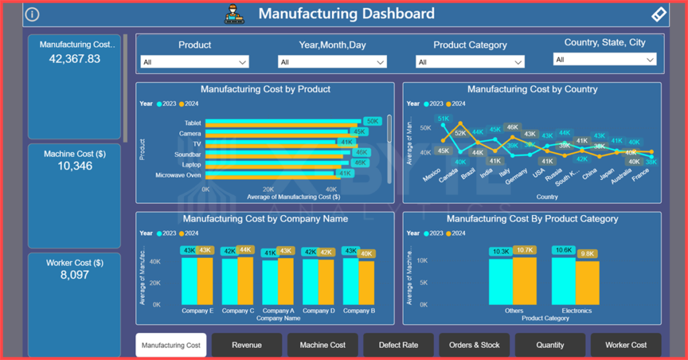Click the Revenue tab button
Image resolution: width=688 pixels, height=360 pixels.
pos(247,345)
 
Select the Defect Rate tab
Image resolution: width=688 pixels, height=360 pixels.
pos(398,345)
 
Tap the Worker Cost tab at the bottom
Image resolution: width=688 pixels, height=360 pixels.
pos(626,345)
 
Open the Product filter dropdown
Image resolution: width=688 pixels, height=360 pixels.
pos(195,62)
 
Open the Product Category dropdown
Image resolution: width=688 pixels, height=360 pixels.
pos(470,62)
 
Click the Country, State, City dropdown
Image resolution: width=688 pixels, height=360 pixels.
pos(605,60)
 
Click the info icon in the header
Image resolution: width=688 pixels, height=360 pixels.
pos(32,14)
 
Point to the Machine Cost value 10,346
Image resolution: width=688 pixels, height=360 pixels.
pos(75,166)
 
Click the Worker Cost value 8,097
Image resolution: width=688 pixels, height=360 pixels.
pos(75,275)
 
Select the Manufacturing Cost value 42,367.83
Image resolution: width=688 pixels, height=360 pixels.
pos(75,58)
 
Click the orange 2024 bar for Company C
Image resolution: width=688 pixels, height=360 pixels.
pos(245,281)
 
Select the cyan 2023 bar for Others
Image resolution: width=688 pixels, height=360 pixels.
pos(501,282)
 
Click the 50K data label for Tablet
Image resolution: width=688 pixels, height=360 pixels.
pos(372,122)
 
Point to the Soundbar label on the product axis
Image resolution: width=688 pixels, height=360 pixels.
pos(187,154)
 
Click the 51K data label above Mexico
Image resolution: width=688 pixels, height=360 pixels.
pos(443,119)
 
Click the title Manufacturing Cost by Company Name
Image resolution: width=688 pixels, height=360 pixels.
pos(265,219)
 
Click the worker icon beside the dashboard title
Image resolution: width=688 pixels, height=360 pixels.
pos(234,13)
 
